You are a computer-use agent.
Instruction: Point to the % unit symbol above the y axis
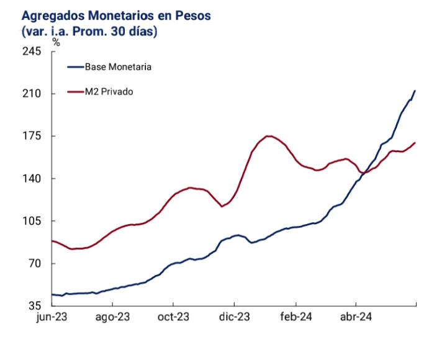click(x=56, y=42)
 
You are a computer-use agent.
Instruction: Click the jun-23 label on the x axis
click(x=52, y=317)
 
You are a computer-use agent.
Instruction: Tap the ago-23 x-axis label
click(x=112, y=317)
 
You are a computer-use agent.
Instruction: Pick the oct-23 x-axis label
click(x=173, y=317)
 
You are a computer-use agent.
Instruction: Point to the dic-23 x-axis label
click(x=234, y=317)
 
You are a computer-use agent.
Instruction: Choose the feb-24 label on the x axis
click(x=295, y=317)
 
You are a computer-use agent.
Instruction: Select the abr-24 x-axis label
click(x=356, y=317)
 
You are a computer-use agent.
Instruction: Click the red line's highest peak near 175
click(x=268, y=136)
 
